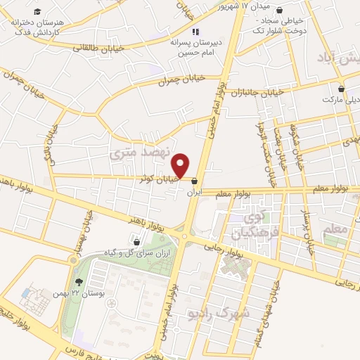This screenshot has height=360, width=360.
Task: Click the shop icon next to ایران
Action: coord(195,181)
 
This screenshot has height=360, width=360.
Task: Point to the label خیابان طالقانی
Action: coord(105,46)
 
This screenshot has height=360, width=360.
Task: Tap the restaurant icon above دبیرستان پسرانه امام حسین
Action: coord(195,31)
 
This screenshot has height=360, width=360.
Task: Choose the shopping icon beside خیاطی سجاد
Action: coord(281,11)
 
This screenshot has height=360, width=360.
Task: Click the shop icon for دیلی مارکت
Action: coord(342,89)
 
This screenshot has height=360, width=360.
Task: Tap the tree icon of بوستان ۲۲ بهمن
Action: coord(77,281)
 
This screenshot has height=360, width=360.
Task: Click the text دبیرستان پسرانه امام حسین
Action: coord(196,46)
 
